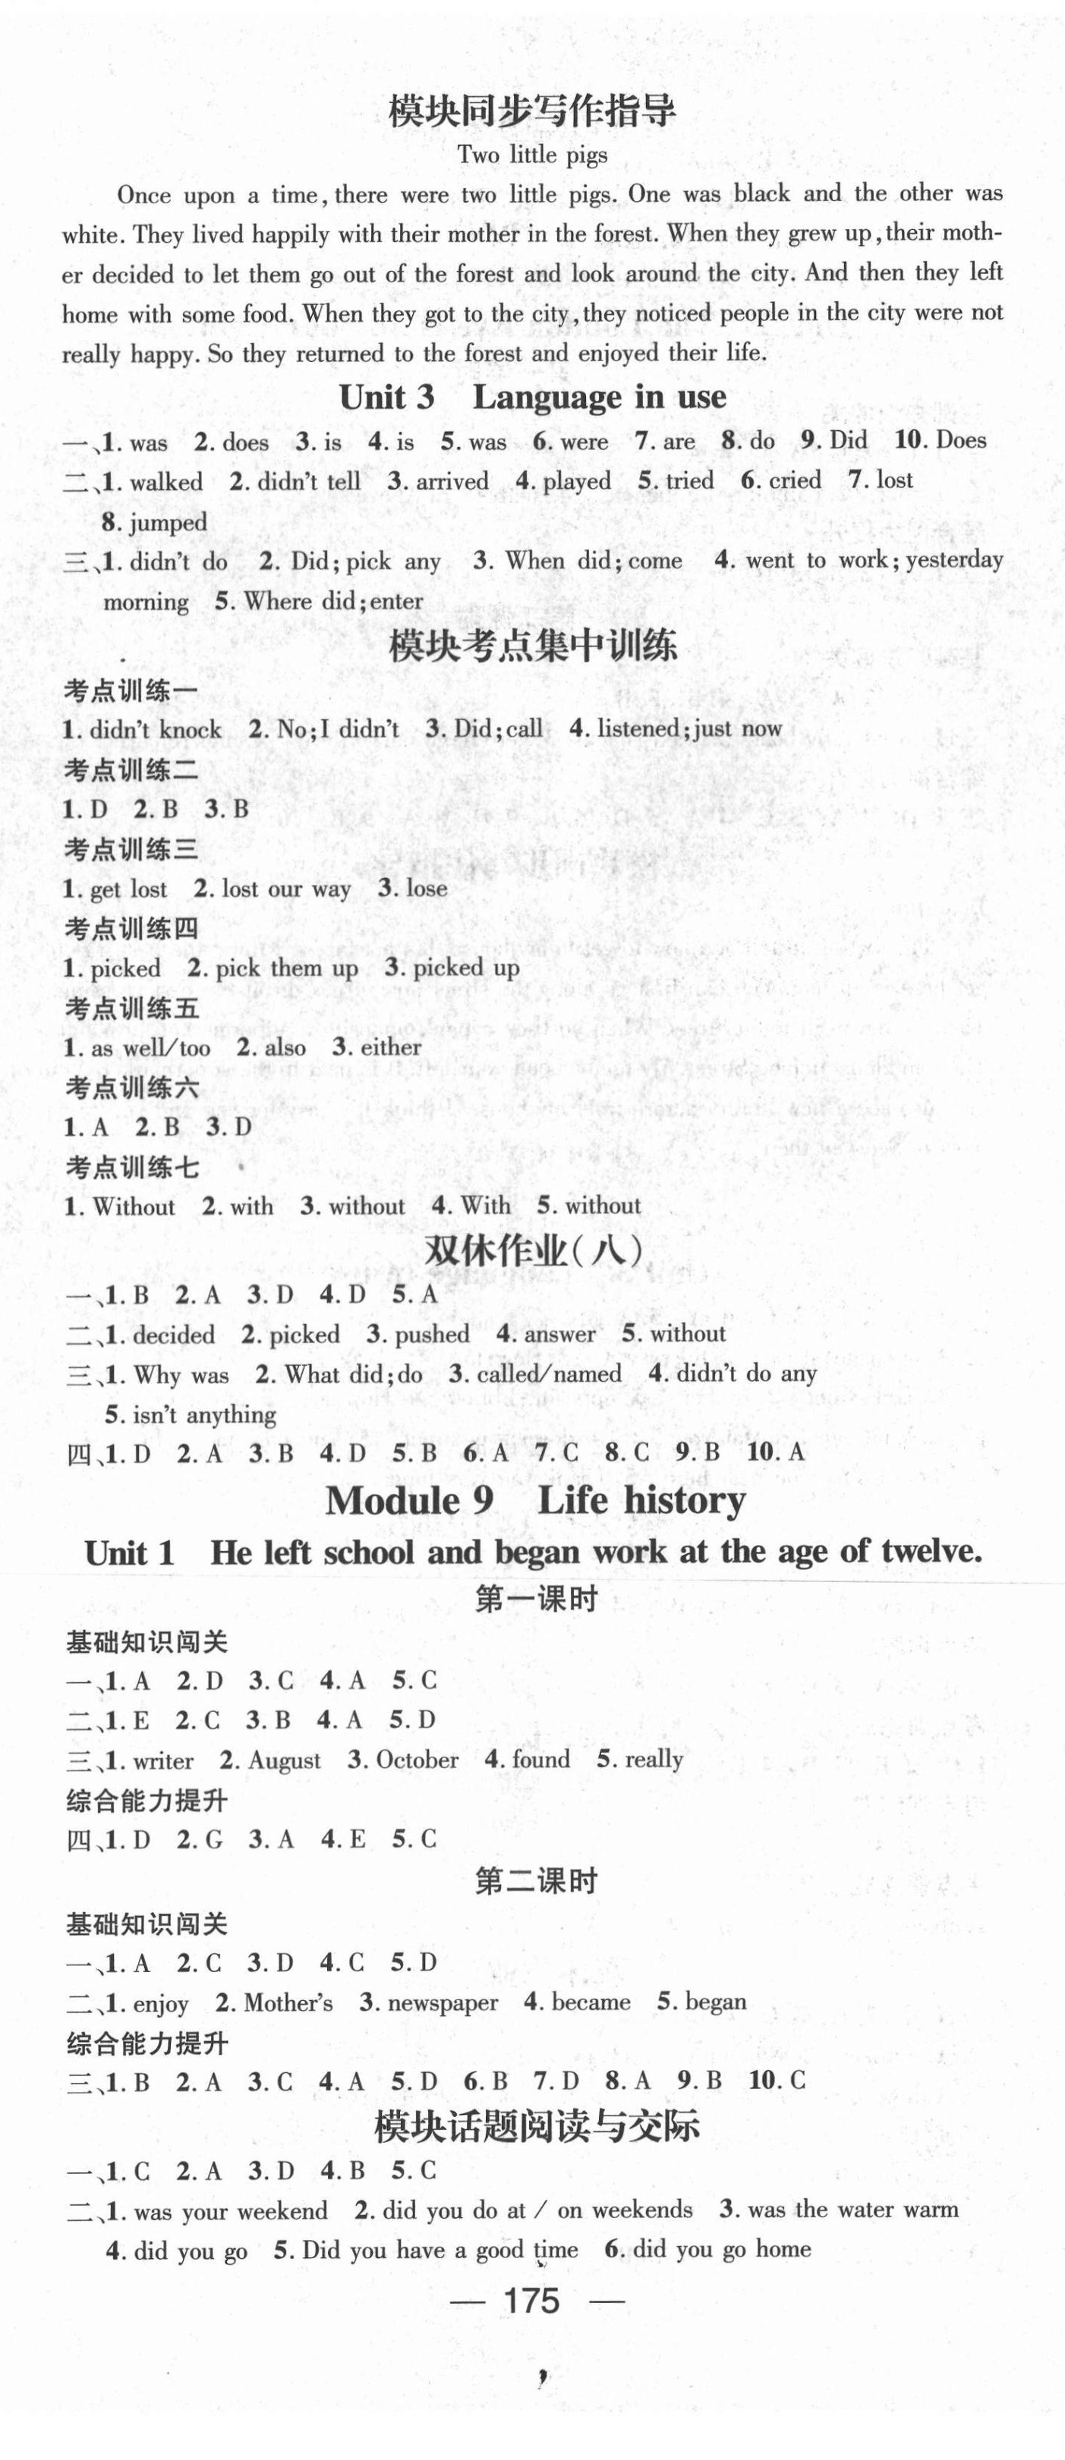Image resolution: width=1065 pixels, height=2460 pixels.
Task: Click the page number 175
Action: [531, 2301]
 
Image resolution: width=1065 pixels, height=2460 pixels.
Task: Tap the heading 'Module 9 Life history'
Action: [535, 1500]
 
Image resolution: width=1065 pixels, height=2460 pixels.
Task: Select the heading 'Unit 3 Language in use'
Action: [532, 398]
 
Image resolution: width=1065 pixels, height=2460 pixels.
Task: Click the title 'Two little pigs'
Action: [532, 155]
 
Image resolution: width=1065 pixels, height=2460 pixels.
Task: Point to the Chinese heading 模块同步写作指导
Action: [532, 113]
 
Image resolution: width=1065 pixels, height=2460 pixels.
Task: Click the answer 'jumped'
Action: [168, 522]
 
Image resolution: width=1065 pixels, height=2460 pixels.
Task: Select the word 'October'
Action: [417, 1759]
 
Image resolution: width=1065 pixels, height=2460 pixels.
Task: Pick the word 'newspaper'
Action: [443, 2002]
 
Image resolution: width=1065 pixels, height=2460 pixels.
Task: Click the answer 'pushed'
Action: [432, 1334]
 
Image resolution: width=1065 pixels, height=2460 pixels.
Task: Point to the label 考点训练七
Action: [132, 1167]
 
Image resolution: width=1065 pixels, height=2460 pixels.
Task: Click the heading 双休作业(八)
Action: [533, 1251]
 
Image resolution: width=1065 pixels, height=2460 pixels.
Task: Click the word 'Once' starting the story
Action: [143, 196]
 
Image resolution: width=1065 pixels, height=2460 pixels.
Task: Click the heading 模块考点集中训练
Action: [533, 647]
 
